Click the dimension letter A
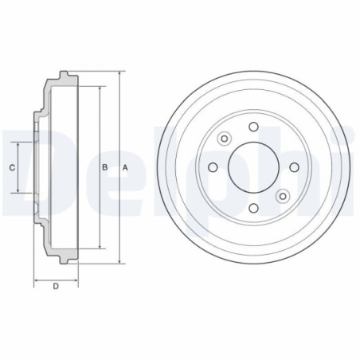click(125, 168)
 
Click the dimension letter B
click(105, 167)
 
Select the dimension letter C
click(12, 168)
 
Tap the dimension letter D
click(56, 287)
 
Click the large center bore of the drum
click(253, 167)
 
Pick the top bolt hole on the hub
click(254, 127)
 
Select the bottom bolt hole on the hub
click(254, 208)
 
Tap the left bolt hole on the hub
click(213, 167)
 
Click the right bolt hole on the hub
click(294, 167)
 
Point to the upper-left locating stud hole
click(225, 139)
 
